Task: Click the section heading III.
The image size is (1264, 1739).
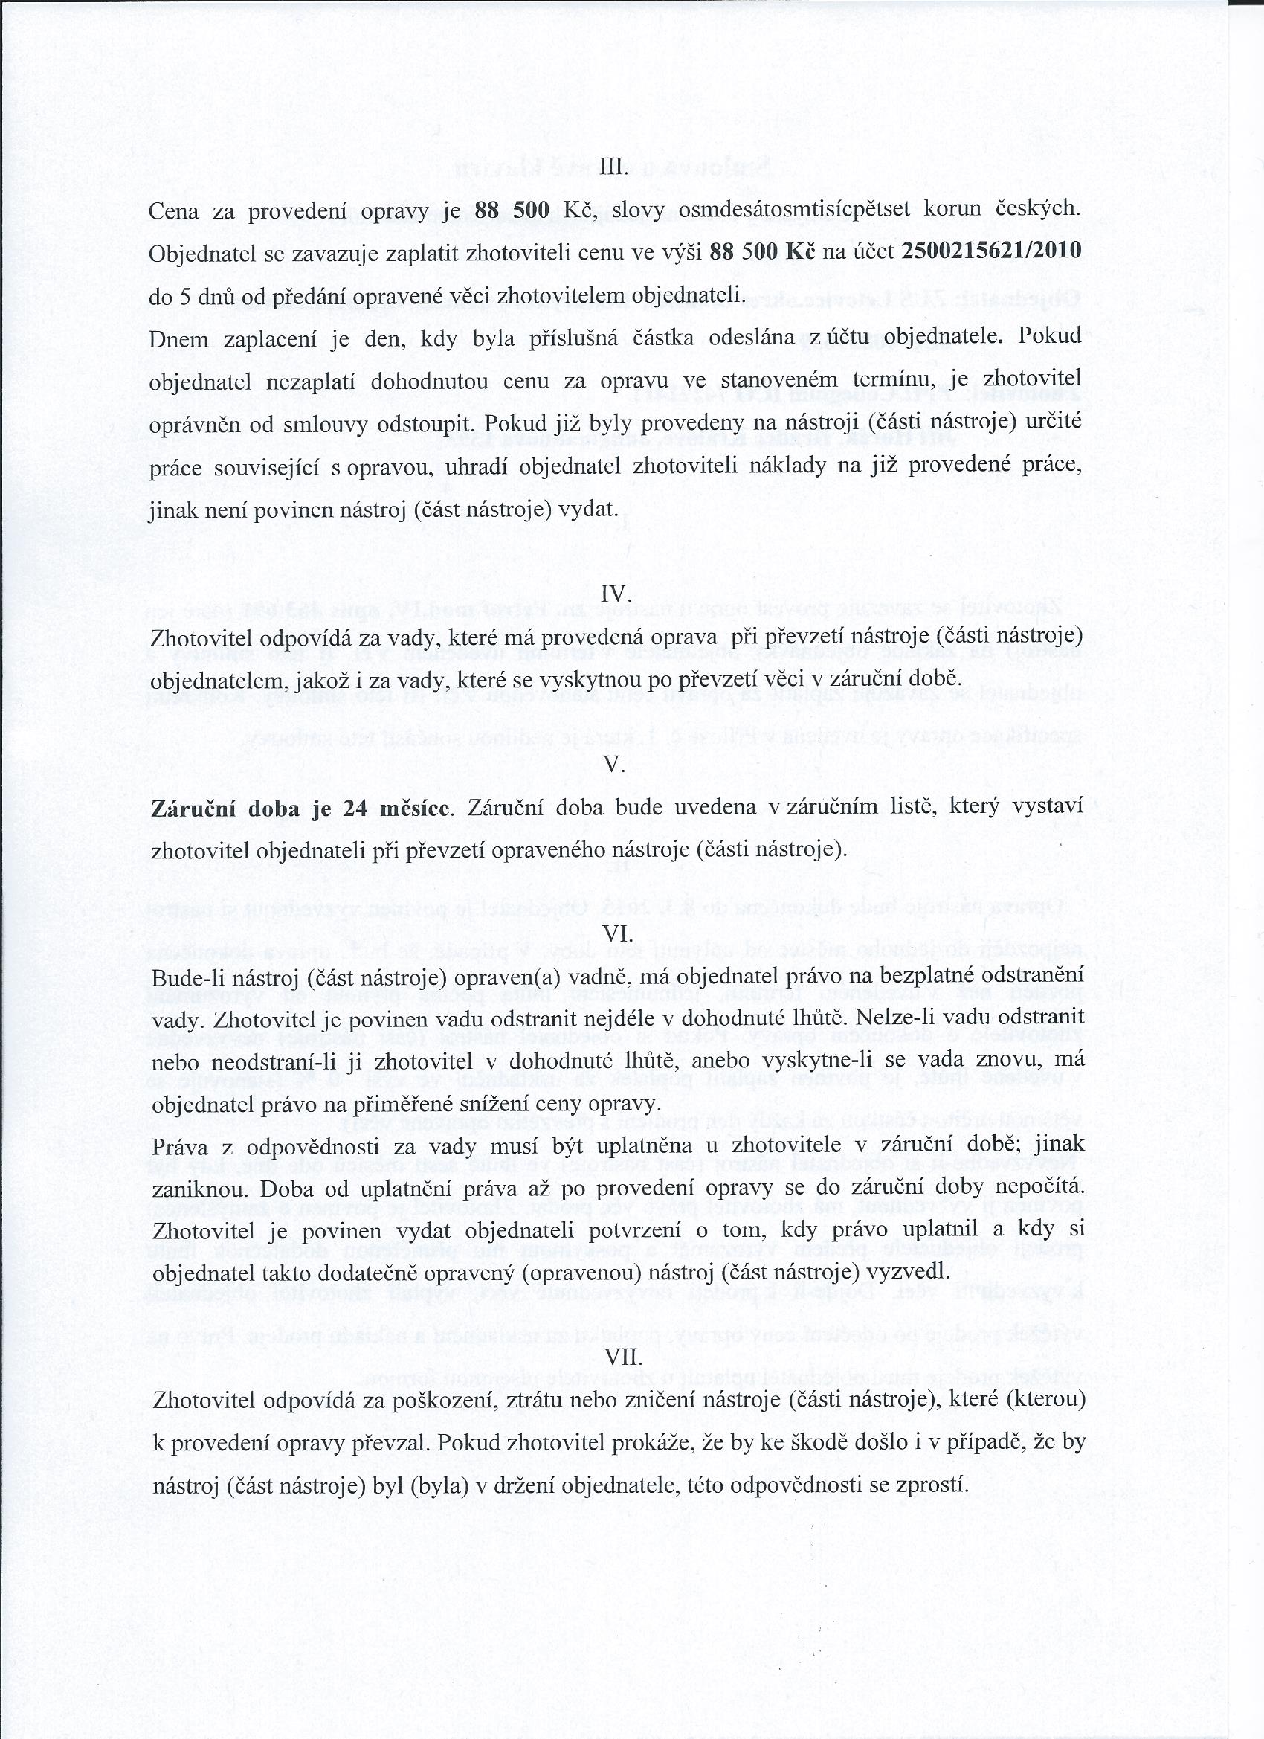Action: (x=613, y=168)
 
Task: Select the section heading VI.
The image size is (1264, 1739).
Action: (x=618, y=933)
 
